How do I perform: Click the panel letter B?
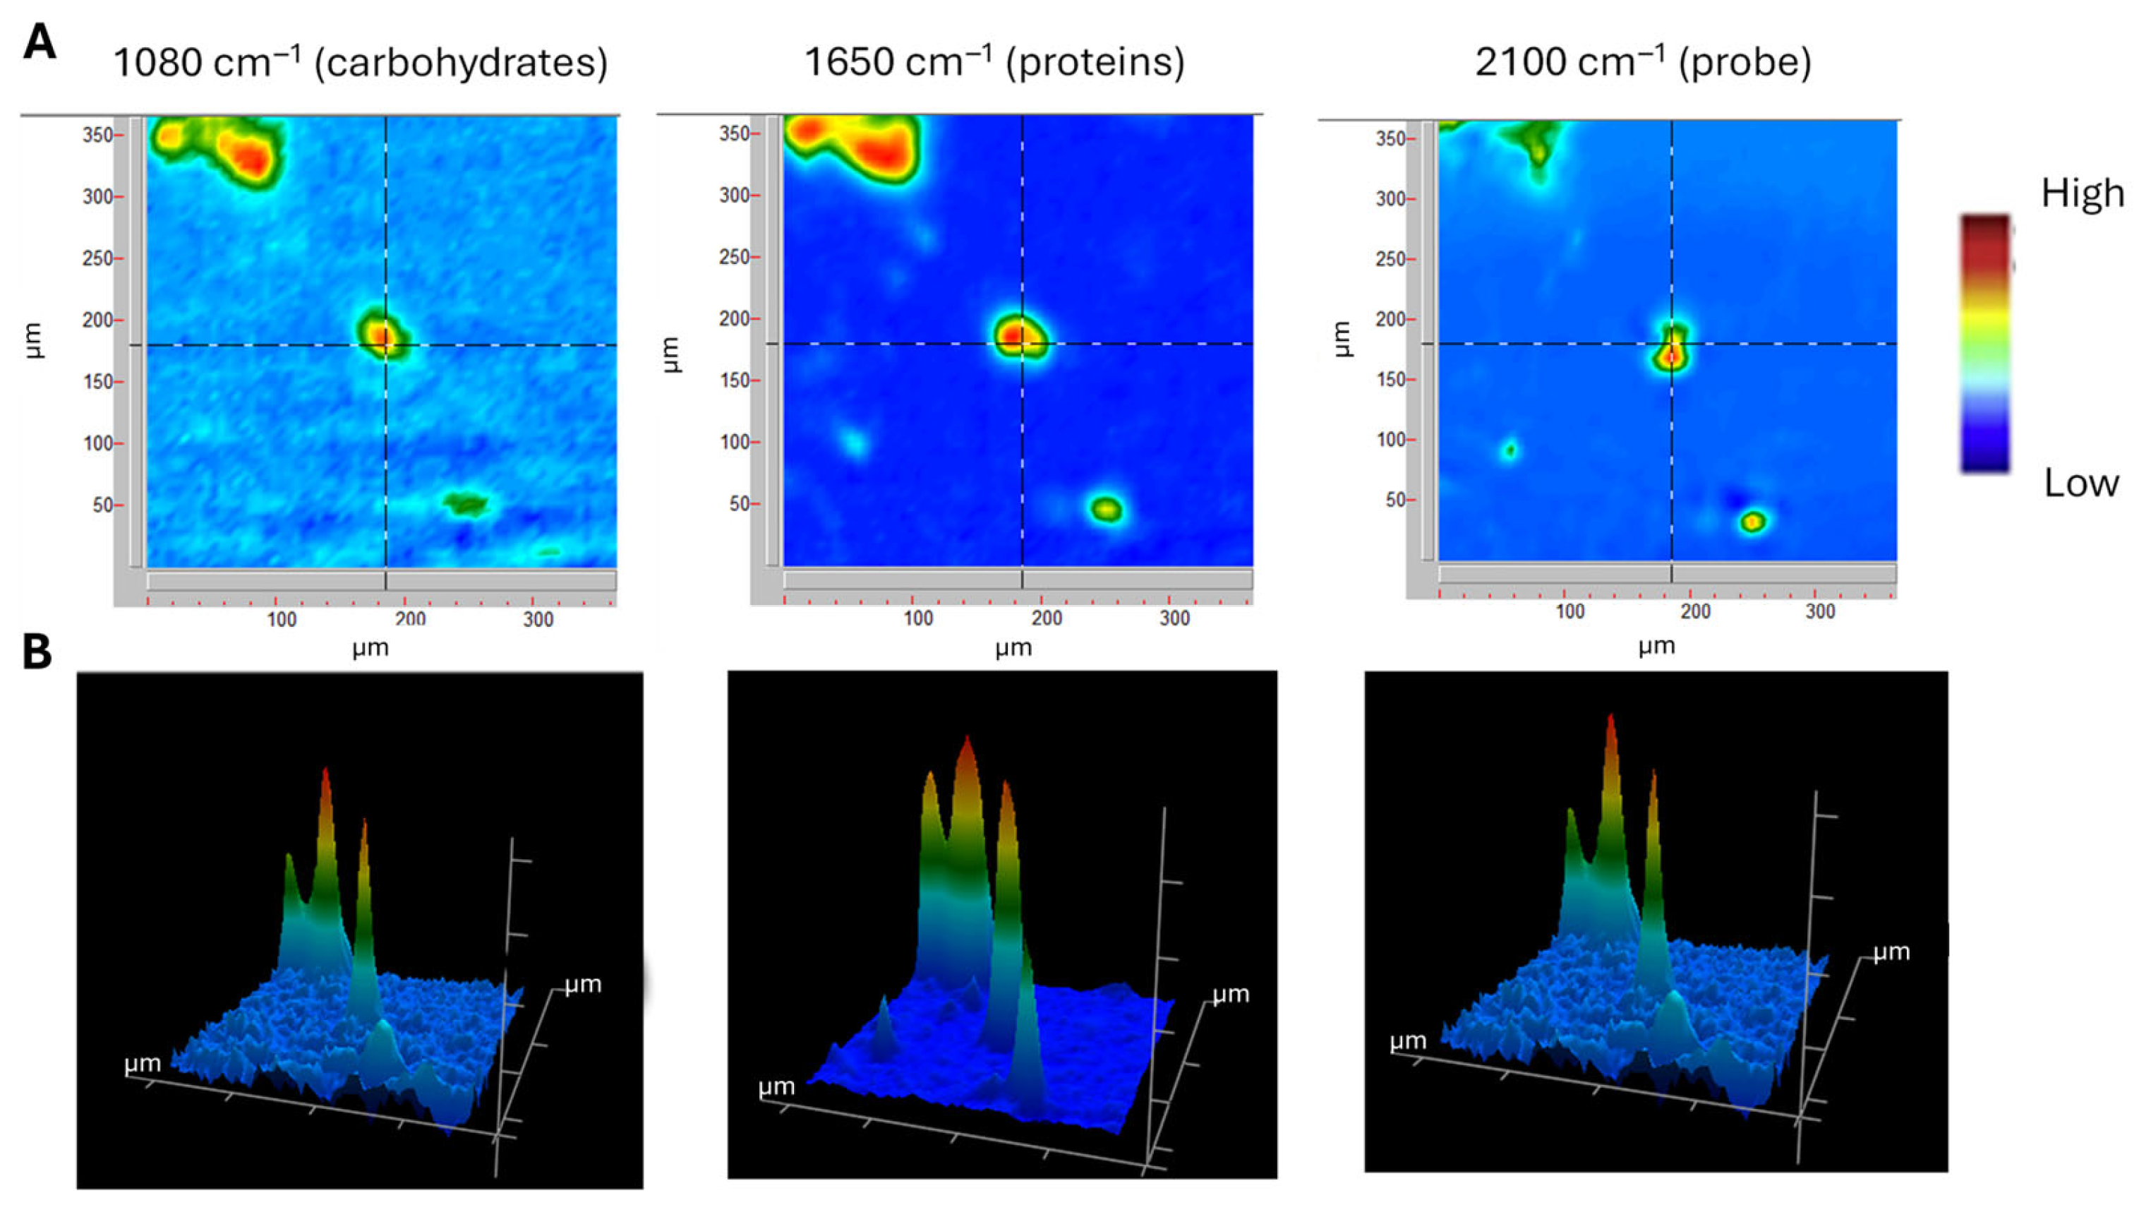tap(37, 652)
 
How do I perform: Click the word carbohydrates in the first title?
tap(460, 64)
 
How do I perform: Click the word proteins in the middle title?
tap(1094, 64)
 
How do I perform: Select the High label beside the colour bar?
tap(2083, 194)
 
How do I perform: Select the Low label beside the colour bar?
tap(2081, 484)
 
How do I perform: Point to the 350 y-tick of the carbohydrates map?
tap(97, 136)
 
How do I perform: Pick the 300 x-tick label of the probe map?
tap(1820, 612)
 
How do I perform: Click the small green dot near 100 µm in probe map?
tap(1510, 451)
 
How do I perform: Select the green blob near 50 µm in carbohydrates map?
tap(465, 504)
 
